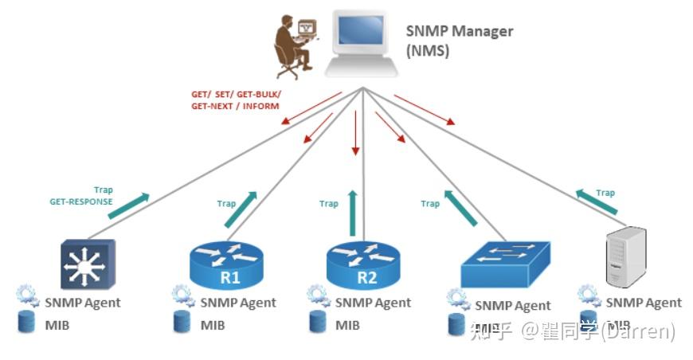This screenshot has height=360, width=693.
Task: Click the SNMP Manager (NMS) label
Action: pyautogui.click(x=459, y=41)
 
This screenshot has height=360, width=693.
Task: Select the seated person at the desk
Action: pyautogui.click(x=293, y=47)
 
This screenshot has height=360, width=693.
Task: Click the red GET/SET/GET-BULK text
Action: pyautogui.click(x=236, y=100)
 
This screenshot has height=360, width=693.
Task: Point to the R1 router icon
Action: pyautogui.click(x=225, y=266)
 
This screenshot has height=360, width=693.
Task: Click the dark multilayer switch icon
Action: pyautogui.click(x=88, y=264)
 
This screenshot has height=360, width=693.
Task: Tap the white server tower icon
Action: pyautogui.click(x=625, y=256)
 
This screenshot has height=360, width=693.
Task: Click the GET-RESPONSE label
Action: pyautogui.click(x=81, y=202)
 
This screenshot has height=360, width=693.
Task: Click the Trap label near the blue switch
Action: pyautogui.click(x=430, y=204)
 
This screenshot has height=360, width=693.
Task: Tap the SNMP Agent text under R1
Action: pyautogui.click(x=238, y=303)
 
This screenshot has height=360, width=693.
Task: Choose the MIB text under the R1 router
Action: pyautogui.click(x=213, y=325)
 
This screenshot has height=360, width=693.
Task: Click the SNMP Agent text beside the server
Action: pyautogui.click(x=644, y=303)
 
